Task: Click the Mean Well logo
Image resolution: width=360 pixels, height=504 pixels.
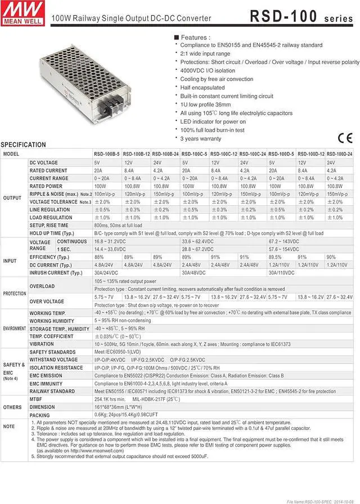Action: click(20, 11)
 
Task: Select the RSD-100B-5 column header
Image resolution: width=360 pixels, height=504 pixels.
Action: click(107, 154)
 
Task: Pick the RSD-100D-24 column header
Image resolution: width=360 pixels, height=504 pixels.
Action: click(340, 154)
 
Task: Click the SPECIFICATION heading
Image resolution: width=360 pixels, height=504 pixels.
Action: click(24, 145)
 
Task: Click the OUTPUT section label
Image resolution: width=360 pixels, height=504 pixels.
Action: click(12, 198)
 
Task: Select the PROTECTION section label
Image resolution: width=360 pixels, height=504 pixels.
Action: click(15, 294)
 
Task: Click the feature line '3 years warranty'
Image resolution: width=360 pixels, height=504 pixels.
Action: click(201, 138)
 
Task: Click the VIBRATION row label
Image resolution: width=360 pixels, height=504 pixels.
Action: click(42, 343)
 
